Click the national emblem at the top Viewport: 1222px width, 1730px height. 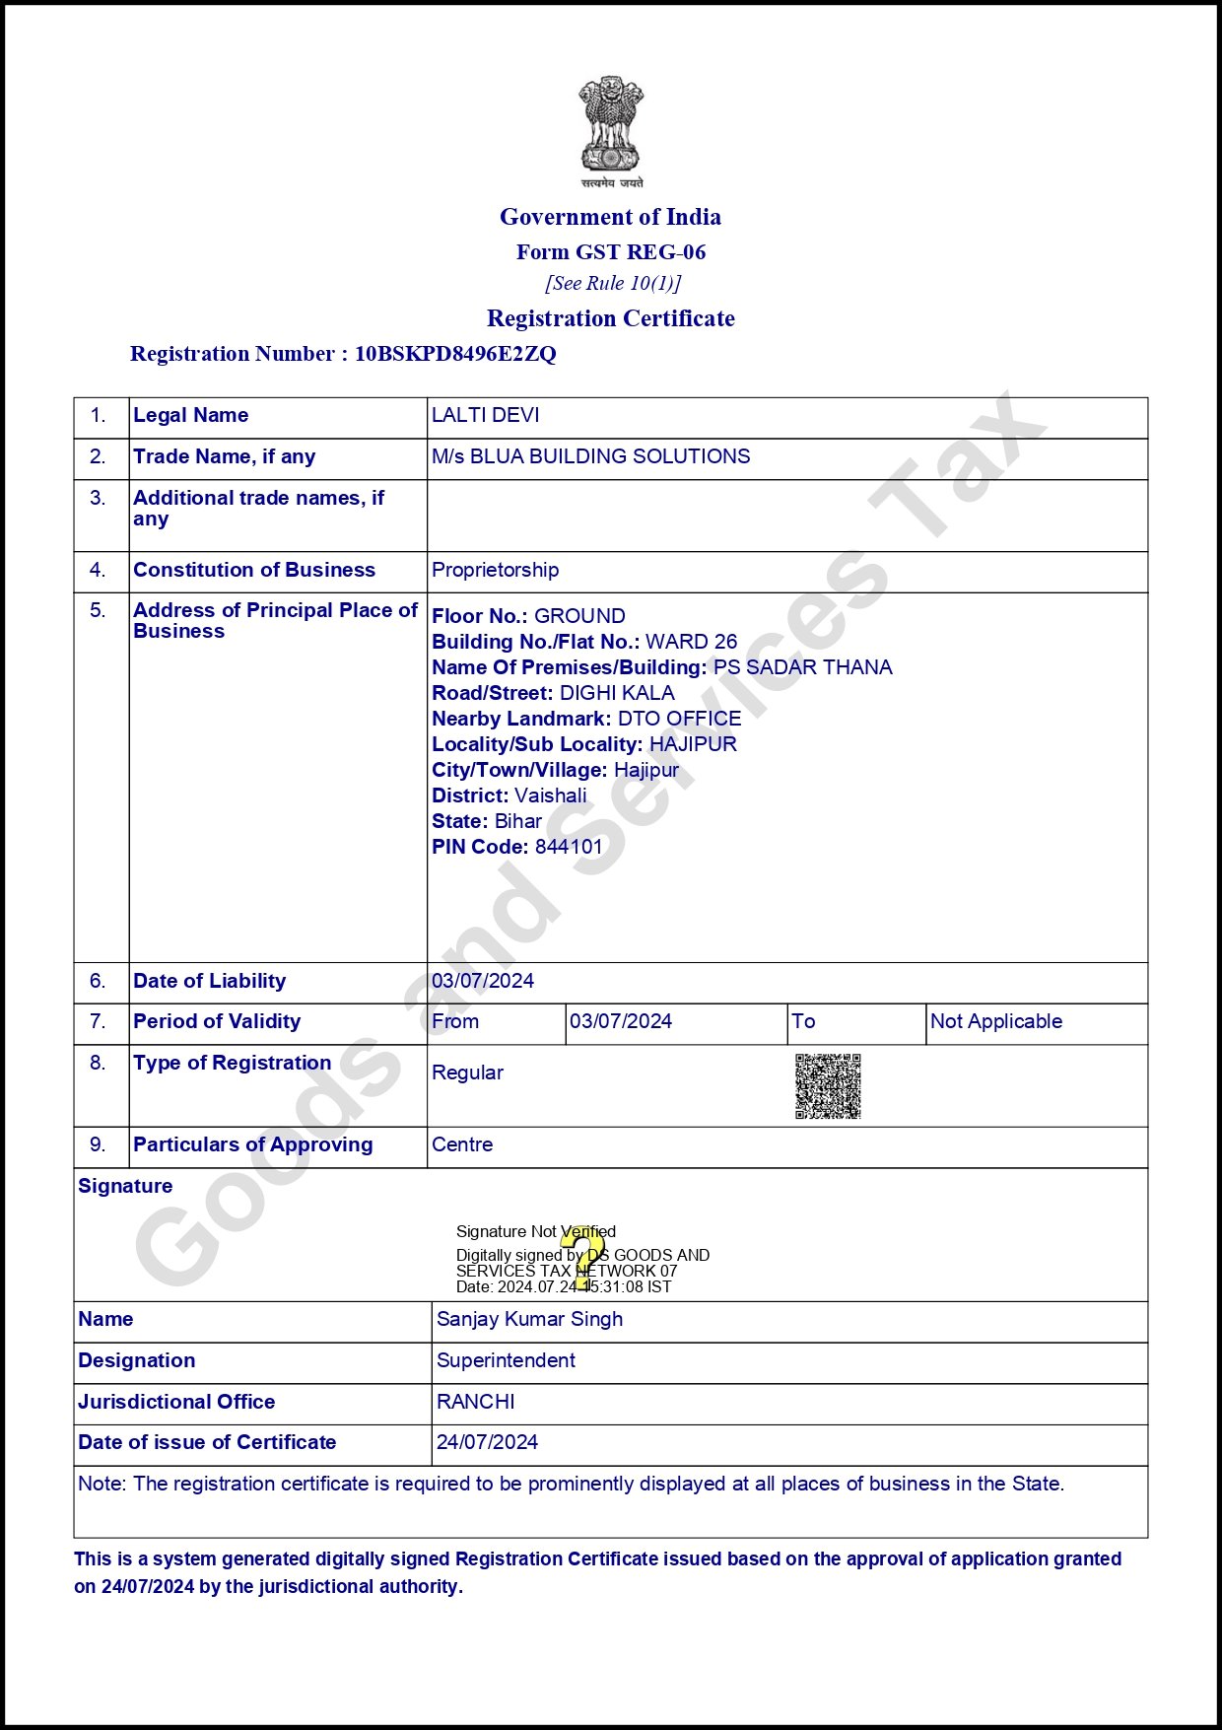[611, 128]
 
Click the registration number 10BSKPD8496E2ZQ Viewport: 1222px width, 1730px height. [455, 354]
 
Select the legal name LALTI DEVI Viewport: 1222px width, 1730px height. [486, 415]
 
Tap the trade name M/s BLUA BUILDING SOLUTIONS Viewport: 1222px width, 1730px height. [590, 456]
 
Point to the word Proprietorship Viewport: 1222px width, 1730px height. [495, 570]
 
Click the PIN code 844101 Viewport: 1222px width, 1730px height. [569, 847]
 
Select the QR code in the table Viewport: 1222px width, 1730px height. [828, 1086]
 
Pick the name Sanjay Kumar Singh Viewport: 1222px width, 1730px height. [529, 1319]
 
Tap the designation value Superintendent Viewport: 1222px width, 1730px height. [506, 1360]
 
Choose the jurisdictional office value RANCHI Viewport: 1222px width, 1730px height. [476, 1402]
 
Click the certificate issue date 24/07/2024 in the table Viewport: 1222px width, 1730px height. [487, 1442]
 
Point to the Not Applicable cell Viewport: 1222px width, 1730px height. [996, 1021]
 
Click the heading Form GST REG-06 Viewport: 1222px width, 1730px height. [611, 252]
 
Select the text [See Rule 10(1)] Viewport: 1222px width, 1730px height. [613, 284]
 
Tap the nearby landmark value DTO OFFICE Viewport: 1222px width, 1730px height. [679, 719]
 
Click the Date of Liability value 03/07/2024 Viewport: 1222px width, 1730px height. [483, 981]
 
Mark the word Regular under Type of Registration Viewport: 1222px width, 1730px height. [467, 1073]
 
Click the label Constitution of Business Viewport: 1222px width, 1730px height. [254, 570]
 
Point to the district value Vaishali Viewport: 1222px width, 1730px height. [550, 796]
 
